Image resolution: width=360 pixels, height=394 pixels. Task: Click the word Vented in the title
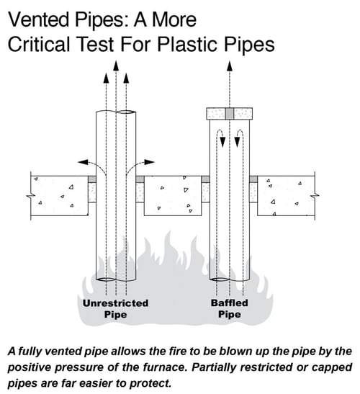(39, 20)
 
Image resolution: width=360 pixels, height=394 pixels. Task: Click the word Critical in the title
(39, 45)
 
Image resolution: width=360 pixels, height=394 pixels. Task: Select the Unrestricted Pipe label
(116, 309)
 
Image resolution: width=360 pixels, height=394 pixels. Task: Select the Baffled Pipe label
(230, 309)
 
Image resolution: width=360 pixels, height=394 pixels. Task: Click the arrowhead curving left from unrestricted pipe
(83, 162)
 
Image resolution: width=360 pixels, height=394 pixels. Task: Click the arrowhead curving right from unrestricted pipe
(149, 162)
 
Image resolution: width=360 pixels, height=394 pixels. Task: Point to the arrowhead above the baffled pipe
(230, 66)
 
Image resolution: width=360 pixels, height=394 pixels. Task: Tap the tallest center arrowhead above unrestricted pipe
(116, 66)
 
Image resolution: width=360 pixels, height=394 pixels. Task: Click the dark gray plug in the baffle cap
(230, 114)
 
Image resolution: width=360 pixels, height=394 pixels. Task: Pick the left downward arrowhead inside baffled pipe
(222, 142)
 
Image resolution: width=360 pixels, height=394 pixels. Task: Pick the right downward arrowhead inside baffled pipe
(237, 142)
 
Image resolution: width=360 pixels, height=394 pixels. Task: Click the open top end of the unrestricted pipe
(127, 112)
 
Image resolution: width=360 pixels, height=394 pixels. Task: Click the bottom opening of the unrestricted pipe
(106, 279)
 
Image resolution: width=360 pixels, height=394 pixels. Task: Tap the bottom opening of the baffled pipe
(219, 279)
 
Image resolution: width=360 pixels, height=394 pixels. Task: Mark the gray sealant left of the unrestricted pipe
(92, 179)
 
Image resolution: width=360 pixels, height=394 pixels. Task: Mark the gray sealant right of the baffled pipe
(253, 179)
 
